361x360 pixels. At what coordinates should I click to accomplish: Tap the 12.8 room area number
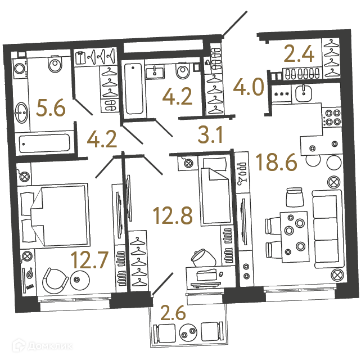coord(173,215)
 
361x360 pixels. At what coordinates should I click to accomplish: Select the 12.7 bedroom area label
coord(89,260)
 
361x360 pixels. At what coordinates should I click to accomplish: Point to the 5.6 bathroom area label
coord(51,107)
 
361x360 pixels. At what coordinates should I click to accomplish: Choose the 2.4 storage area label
coord(299,53)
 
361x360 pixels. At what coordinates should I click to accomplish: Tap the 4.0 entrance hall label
coord(249,87)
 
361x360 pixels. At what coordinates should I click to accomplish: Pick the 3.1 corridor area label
coord(210,135)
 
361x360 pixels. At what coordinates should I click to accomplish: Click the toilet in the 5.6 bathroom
coord(55,64)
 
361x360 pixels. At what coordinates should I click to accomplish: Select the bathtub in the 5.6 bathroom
coord(44,143)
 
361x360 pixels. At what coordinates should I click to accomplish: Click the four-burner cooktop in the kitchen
coord(332,117)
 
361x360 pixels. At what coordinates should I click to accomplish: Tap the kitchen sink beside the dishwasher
coord(304,93)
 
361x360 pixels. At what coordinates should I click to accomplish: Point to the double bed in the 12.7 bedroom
coord(54,215)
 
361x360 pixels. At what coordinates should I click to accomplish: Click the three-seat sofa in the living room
coord(327,229)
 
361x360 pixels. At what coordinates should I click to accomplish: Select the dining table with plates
coord(294,237)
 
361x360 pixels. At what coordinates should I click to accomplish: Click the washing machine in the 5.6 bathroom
coord(20,68)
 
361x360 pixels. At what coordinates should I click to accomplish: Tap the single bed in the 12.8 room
coord(215,191)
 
